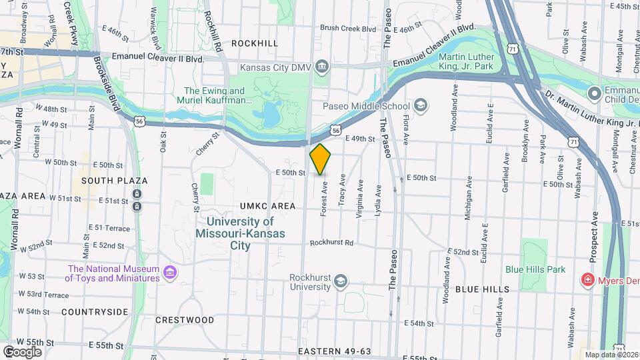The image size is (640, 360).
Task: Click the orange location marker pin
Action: click(320, 159)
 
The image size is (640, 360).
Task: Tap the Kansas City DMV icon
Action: click(323, 65)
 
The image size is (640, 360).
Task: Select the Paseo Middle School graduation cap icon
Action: click(421, 105)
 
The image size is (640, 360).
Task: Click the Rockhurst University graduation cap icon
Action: click(341, 280)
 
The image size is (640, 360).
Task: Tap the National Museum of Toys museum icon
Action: click(170, 273)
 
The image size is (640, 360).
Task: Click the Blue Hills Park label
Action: click(535, 269)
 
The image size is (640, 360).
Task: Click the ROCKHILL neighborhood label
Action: click(254, 43)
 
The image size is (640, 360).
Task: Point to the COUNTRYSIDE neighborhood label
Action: click(95, 311)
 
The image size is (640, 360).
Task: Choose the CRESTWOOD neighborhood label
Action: click(185, 320)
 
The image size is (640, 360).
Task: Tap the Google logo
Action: click(22, 351)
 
